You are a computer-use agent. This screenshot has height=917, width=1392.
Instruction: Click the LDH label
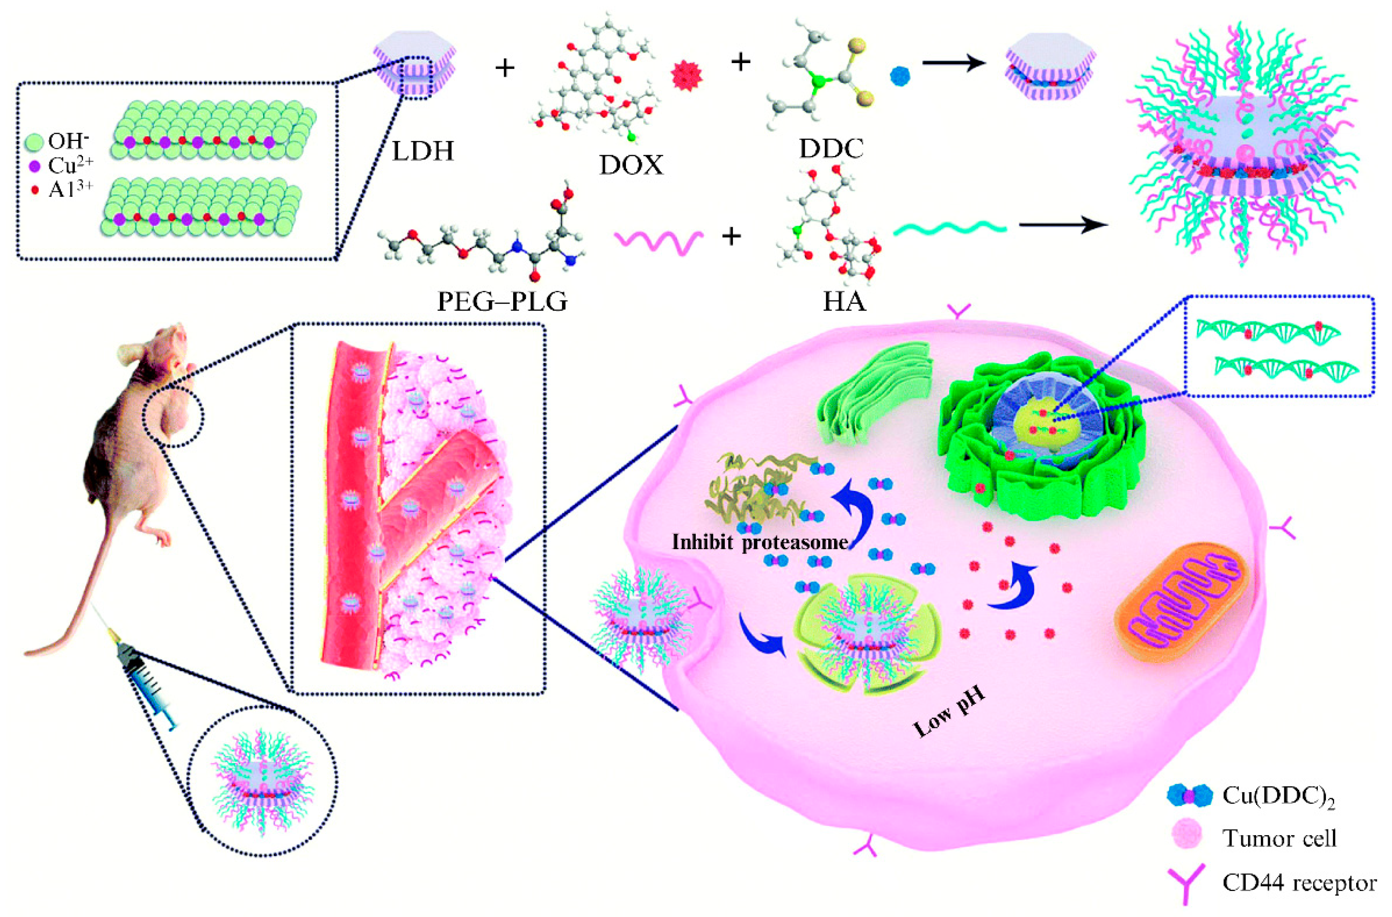pyautogui.click(x=423, y=152)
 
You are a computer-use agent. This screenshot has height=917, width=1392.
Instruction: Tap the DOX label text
pyautogui.click(x=631, y=166)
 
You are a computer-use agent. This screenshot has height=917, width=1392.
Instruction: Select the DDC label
pyautogui.click(x=831, y=149)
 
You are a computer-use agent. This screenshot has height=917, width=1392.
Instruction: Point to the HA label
pyautogui.click(x=844, y=302)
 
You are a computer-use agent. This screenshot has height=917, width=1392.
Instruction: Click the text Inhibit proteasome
pyautogui.click(x=759, y=542)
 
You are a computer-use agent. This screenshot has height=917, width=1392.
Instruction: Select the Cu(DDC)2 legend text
pyautogui.click(x=1272, y=794)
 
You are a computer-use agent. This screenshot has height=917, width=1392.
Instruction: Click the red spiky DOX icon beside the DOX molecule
pyautogui.click(x=686, y=76)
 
